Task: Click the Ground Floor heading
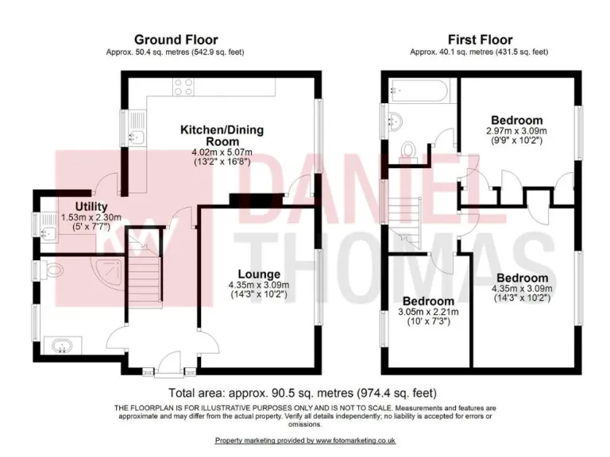176,40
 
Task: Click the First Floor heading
480,40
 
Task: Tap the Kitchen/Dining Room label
222,135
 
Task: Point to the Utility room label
80,206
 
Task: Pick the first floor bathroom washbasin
396,121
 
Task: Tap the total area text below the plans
303,393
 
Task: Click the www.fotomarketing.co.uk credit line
305,440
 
